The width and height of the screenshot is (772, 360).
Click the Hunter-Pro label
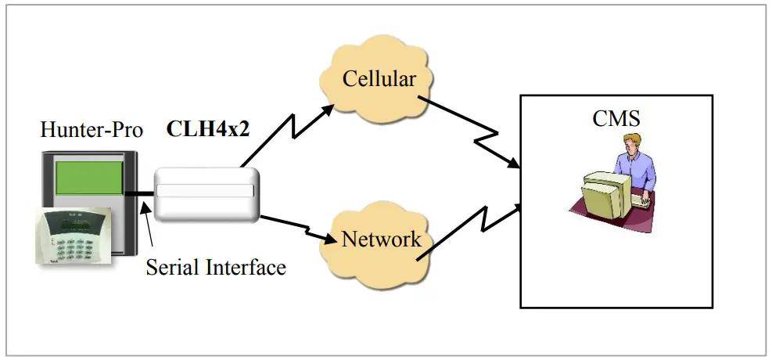pyautogui.click(x=92, y=130)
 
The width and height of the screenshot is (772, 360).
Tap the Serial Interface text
pyautogui.click(x=216, y=268)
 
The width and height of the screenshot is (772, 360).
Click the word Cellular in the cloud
pyautogui.click(x=378, y=80)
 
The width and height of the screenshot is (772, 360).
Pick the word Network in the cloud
pyautogui.click(x=381, y=239)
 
